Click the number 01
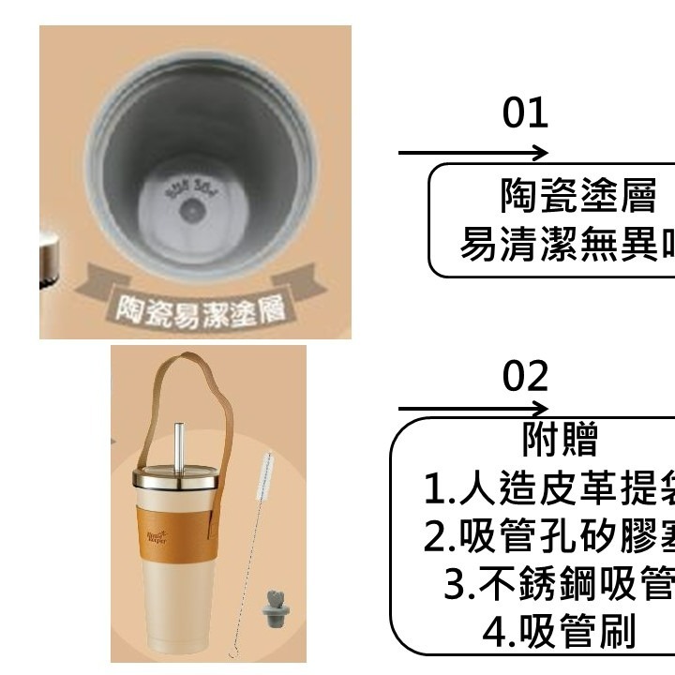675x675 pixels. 525,113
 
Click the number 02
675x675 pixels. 525,376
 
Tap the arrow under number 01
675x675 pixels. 473,153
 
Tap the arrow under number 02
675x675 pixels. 473,409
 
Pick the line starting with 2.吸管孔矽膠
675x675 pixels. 549,535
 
